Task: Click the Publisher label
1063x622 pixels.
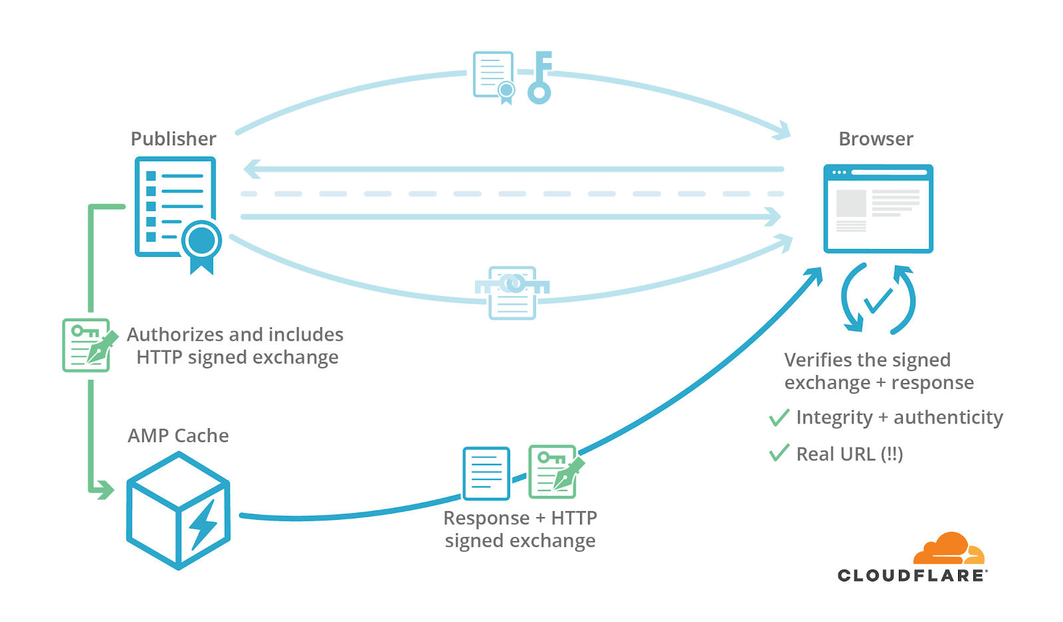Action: click(x=173, y=139)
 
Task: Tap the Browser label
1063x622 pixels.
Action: click(x=876, y=139)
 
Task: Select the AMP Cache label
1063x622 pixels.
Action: click(x=178, y=435)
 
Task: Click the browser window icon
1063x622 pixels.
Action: click(x=878, y=208)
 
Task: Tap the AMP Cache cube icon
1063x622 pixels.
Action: click(x=179, y=510)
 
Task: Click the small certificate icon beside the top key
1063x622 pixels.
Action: click(x=494, y=77)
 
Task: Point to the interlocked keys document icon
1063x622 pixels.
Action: click(x=512, y=293)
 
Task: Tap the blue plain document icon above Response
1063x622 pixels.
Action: click(x=486, y=473)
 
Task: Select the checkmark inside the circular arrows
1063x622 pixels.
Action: click(x=878, y=301)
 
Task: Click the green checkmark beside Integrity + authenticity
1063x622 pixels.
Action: click(x=779, y=418)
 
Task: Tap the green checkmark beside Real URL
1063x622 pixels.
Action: click(x=779, y=453)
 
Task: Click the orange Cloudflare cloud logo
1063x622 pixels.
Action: click(x=949, y=548)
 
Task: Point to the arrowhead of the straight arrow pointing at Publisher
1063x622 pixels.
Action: click(x=252, y=169)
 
